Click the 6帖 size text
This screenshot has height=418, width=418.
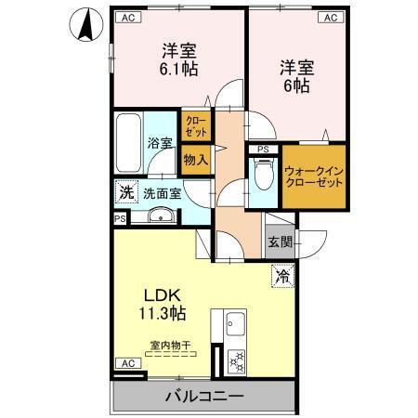(x=294, y=85)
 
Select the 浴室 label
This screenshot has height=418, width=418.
(x=160, y=143)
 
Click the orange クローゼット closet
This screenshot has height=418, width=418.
(x=196, y=125)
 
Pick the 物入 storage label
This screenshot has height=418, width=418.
(x=196, y=159)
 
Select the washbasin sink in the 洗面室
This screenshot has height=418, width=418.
(x=159, y=218)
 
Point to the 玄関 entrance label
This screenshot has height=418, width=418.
(x=279, y=242)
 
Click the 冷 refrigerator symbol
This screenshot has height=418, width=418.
(x=281, y=275)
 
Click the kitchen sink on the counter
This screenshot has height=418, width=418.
(x=233, y=326)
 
